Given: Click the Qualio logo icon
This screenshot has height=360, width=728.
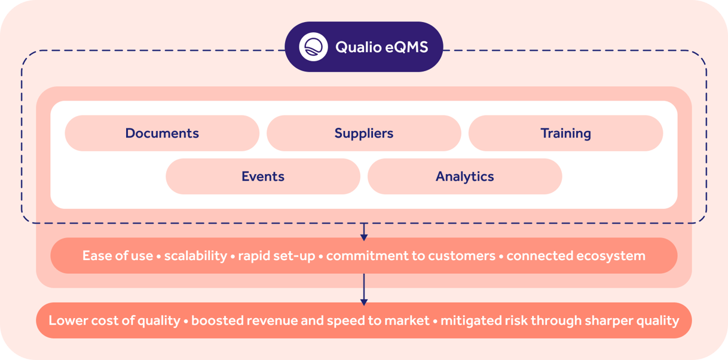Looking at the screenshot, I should click(314, 47).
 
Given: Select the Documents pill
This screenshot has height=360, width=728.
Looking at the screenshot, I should click(162, 133).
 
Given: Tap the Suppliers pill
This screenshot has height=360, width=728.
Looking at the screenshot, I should click(364, 133).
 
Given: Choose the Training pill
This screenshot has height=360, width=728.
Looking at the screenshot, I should click(565, 133).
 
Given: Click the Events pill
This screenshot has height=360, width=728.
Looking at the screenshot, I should click(263, 176).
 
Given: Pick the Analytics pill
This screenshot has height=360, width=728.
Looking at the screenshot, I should click(464, 176).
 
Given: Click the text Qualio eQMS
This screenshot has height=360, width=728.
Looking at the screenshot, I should click(381, 47).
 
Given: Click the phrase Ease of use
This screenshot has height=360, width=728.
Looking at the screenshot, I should click(118, 256).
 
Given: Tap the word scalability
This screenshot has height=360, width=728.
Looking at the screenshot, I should click(195, 256).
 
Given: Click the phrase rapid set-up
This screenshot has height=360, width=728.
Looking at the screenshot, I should click(277, 256).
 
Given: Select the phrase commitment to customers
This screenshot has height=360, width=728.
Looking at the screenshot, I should click(411, 256).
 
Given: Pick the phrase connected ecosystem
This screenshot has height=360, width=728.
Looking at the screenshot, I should click(576, 256).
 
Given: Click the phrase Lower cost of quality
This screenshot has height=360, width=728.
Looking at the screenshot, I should click(114, 321).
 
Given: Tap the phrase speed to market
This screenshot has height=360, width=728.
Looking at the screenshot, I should click(378, 321).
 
